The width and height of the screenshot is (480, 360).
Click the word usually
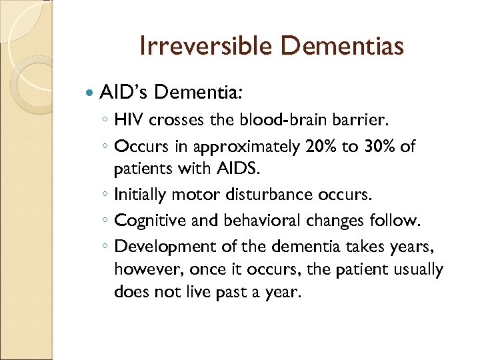tap(418, 269)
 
